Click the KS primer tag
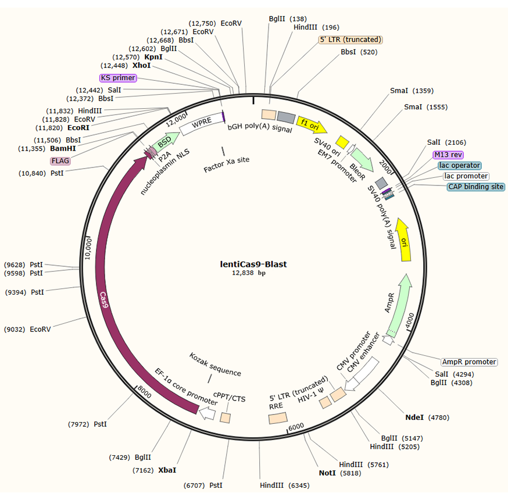118,78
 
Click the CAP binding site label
475,187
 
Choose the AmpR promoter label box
469,362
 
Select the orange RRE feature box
277,417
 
